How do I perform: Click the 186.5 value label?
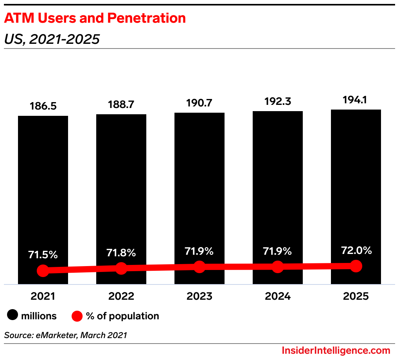pos(43,106)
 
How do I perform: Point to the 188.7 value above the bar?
pos(121,105)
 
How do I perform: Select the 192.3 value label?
pos(278,102)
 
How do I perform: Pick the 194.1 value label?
pos(356,100)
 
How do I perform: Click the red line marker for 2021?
pos(43,270)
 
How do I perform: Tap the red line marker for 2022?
pos(121,268)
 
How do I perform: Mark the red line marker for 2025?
pos(356,266)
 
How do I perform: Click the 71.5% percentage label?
pos(43,255)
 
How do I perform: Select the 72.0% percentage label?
pos(356,250)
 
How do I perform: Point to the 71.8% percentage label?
pos(121,253)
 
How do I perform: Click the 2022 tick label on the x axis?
pos(121,296)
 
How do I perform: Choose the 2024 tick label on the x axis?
pos(278,296)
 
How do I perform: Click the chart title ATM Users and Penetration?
pos(95,18)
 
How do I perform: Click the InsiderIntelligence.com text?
pos(336,350)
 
